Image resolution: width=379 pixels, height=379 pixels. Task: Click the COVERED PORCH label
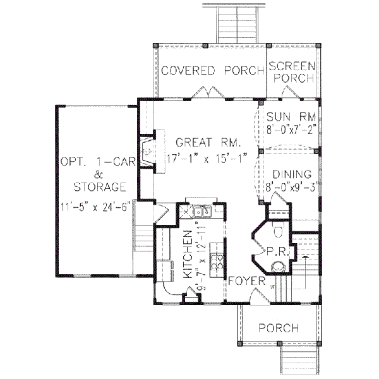[x=212, y=70]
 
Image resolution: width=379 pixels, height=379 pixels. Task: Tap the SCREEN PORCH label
[x=291, y=71]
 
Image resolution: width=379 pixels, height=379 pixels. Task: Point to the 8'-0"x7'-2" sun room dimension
[x=290, y=128]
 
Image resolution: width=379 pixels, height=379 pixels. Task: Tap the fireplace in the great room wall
[x=147, y=152]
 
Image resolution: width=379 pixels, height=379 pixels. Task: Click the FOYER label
[x=243, y=279]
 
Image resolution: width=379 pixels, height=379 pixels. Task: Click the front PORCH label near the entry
[x=279, y=328]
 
